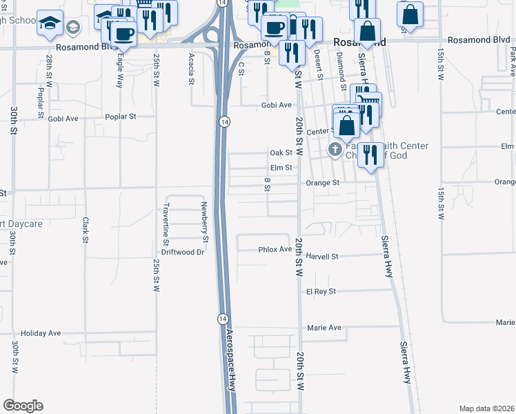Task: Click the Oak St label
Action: [282, 152]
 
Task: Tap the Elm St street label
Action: [282, 168]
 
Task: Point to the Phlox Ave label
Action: [275, 249]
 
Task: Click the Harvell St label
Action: [322, 256]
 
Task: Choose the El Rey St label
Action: [321, 291]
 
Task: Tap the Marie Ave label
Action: [324, 328]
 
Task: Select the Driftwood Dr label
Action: [183, 252]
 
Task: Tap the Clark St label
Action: [86, 230]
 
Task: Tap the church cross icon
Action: [335, 149]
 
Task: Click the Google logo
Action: [23, 406]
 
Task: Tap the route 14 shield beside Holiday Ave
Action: [222, 318]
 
